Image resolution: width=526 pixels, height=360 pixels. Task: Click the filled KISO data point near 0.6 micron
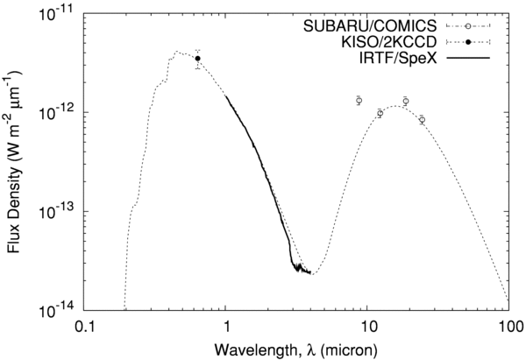pyautogui.click(x=198, y=59)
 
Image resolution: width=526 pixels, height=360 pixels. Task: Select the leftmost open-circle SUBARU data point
pyautogui.click(x=359, y=101)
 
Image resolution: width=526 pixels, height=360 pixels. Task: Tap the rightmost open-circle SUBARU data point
pyautogui.click(x=422, y=120)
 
